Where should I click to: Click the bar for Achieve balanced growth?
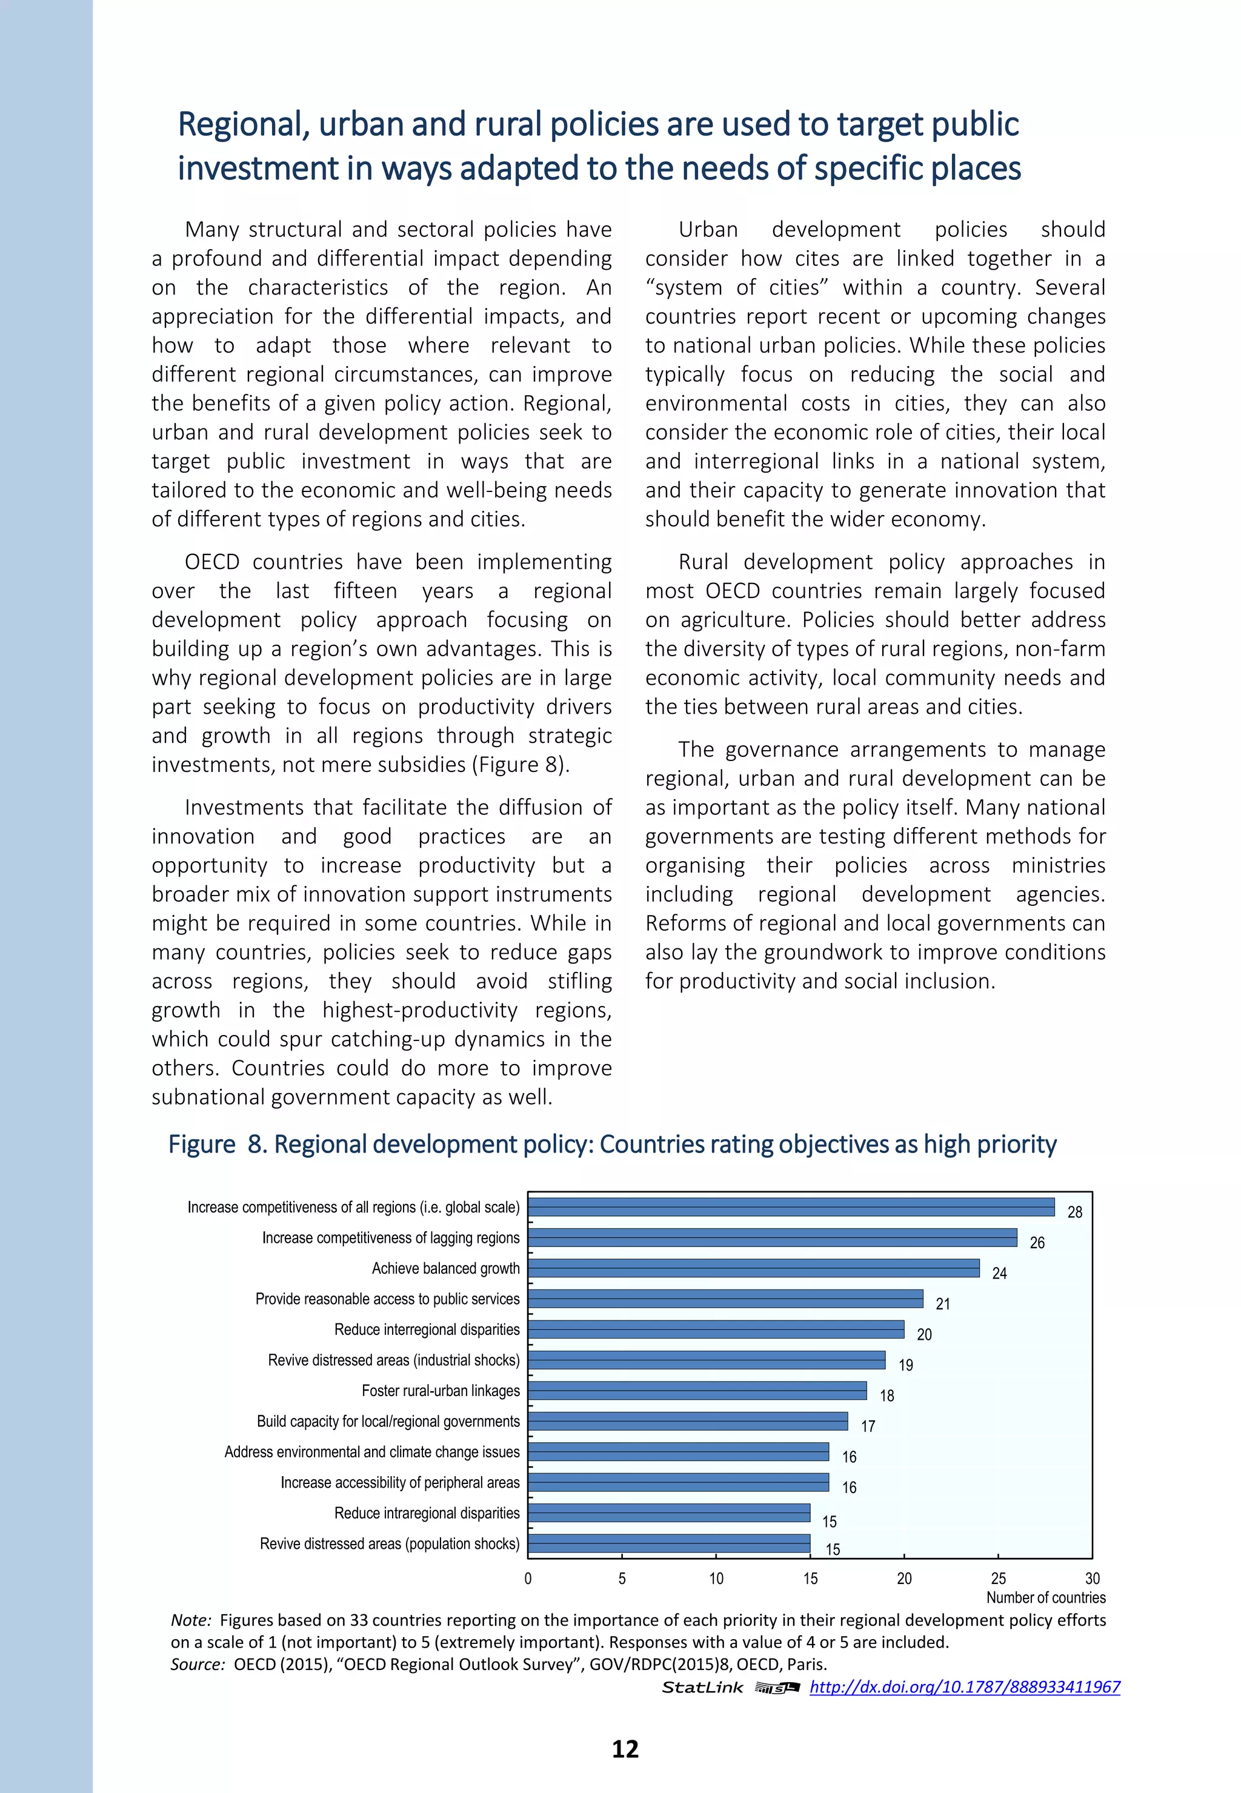[753, 1268]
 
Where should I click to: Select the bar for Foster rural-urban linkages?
[697, 1390]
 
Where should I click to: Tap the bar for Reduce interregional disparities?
[716, 1329]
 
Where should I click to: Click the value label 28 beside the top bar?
[1074, 1212]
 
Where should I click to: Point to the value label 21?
[942, 1304]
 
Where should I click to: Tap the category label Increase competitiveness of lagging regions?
[390, 1238]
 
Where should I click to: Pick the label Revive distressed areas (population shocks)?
[390, 1543]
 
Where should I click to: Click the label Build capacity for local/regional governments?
[388, 1422]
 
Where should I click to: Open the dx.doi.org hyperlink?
[964, 1686]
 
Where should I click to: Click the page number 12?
[625, 1749]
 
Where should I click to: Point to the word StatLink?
[702, 1687]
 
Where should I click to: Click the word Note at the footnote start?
[190, 1620]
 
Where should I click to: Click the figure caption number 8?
[256, 1145]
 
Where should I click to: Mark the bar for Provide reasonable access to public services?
[725, 1299]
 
